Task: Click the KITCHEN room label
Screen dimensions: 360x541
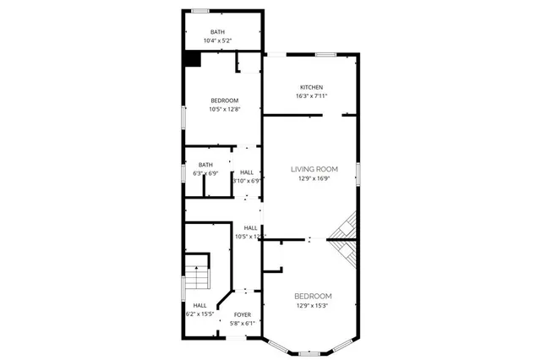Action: (311, 88)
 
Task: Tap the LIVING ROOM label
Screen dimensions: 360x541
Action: (314, 169)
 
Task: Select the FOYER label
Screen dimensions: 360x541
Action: (243, 314)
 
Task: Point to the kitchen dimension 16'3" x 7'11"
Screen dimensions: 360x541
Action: (311, 96)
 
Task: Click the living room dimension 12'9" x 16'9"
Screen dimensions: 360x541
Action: (314, 178)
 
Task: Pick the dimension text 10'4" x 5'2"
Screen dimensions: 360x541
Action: (217, 41)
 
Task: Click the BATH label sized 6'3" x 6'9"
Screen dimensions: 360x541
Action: (205, 165)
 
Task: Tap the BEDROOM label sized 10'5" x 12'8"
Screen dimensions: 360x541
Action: (225, 101)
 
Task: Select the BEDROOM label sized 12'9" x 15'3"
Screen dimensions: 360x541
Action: (313, 296)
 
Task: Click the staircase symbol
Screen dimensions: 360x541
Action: (197, 275)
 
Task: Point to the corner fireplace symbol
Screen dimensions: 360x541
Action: (344, 239)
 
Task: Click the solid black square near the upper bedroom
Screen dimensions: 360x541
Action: (193, 59)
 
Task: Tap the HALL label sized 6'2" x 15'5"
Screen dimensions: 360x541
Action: (199, 306)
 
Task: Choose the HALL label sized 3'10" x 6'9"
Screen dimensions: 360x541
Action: (247, 172)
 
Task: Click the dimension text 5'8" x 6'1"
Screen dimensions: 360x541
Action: (243, 323)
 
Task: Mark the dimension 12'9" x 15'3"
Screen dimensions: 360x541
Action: (313, 305)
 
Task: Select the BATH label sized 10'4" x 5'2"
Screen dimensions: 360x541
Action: (217, 32)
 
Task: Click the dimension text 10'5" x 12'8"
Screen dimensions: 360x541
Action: (225, 109)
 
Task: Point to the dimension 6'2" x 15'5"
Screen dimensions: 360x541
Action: (199, 314)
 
